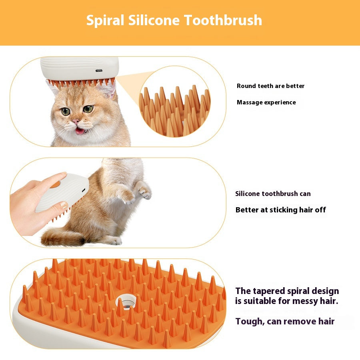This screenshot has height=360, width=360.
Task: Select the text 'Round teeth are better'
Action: point(270,86)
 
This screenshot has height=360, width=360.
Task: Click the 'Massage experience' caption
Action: point(266,102)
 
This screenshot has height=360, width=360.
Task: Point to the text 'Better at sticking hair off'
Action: point(281,210)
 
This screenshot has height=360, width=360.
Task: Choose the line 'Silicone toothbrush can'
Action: point(273,194)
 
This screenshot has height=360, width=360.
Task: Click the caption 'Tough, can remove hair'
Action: point(285,321)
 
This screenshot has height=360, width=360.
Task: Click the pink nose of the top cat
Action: point(75,122)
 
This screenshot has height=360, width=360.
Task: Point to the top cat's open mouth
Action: point(80,130)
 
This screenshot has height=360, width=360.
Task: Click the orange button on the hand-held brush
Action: point(55,185)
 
